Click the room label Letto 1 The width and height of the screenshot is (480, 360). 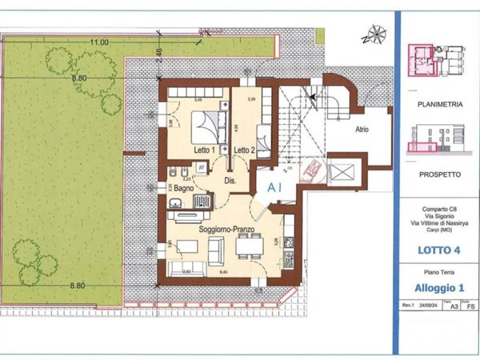click(202, 150)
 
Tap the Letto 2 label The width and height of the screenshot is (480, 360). click(244, 150)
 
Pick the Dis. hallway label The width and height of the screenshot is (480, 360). click(230, 181)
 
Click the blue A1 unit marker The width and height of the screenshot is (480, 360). click(275, 187)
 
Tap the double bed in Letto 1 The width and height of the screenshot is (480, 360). click(206, 124)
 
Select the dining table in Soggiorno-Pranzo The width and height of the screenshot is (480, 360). click(249, 248)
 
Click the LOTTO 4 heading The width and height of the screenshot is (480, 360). click(438, 250)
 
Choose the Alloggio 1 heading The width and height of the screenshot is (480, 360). click(438, 288)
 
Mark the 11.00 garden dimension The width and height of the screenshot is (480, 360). click(98, 42)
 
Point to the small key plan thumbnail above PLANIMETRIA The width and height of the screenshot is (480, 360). click(437, 61)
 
